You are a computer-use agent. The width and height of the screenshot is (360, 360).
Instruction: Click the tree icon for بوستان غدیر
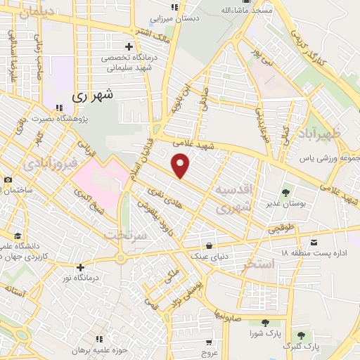[x=286, y=192]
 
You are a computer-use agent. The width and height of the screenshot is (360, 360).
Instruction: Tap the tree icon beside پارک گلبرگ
[x=301, y=336]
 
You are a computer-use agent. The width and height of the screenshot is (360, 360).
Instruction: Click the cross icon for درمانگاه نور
[x=80, y=266]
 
